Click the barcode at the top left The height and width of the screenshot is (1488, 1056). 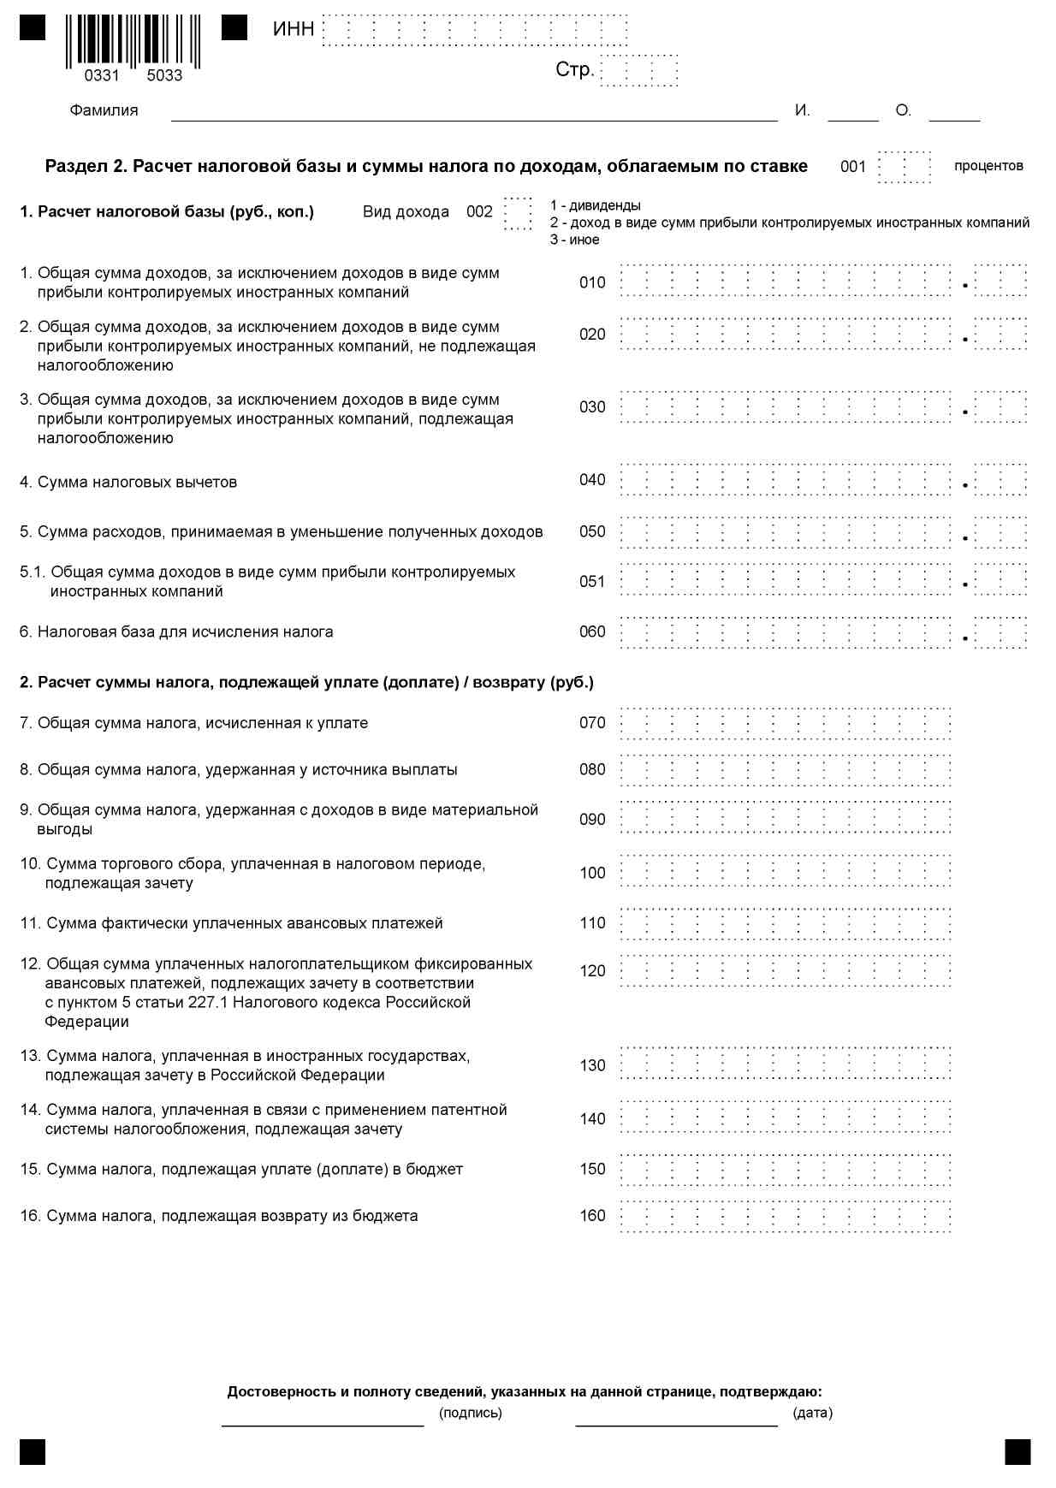133,41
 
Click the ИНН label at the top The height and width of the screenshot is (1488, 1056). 294,29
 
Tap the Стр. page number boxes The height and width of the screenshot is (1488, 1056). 639,70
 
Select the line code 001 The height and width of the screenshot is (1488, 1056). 853,167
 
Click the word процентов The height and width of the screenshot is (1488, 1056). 988,166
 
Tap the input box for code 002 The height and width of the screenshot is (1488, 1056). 519,213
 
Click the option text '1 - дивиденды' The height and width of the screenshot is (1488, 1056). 596,205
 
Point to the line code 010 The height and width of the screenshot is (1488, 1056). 592,282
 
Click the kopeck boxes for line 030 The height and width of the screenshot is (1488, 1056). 1000,407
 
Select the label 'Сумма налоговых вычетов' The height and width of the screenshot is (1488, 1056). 137,483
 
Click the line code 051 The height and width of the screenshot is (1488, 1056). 592,582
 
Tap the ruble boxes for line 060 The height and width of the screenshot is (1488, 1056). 786,632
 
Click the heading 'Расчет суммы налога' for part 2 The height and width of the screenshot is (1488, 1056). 306,683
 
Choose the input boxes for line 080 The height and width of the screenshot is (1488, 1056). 786,770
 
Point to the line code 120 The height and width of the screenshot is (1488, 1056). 592,971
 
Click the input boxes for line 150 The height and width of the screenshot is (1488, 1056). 786,1170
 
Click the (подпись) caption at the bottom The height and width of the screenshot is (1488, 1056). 470,1413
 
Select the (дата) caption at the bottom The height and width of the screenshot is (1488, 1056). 812,1413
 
